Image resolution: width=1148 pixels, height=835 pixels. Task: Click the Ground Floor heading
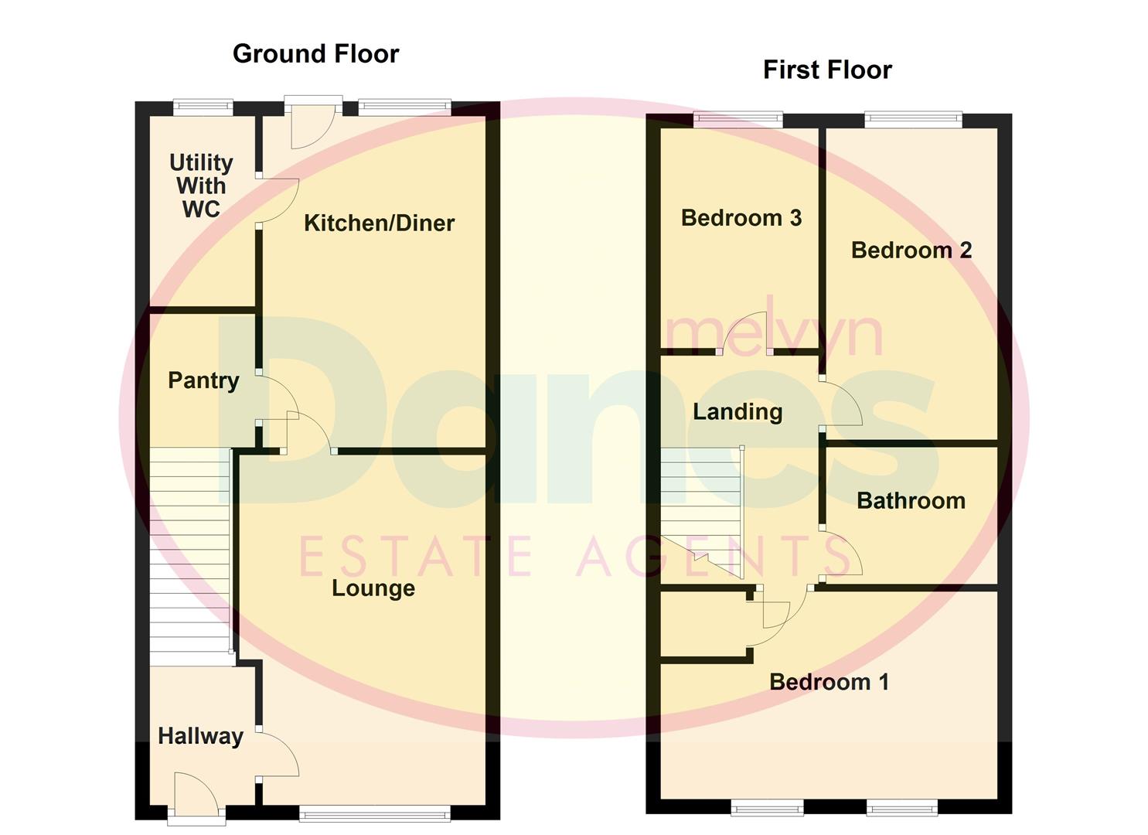[315, 53]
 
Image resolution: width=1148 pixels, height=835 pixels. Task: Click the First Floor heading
[827, 70]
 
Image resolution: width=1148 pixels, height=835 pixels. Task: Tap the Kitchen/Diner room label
[379, 223]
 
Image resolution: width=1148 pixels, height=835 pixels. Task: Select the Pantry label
[203, 380]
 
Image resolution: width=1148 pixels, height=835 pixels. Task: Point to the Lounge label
[373, 588]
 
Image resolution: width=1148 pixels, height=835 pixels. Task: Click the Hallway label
[200, 735]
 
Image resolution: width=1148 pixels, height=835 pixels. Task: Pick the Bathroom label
[911, 500]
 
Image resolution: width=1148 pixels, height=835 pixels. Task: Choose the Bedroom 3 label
[741, 217]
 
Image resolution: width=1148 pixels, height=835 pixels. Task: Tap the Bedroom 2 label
[911, 250]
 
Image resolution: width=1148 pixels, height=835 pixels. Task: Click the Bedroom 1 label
[829, 681]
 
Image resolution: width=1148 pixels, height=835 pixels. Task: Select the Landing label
[738, 411]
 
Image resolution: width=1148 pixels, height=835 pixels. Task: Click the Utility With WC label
[201, 186]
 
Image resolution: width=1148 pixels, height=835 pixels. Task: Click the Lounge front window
[374, 813]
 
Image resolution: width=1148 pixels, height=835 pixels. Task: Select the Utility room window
[203, 107]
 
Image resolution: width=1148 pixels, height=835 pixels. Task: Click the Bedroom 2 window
[913, 119]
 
